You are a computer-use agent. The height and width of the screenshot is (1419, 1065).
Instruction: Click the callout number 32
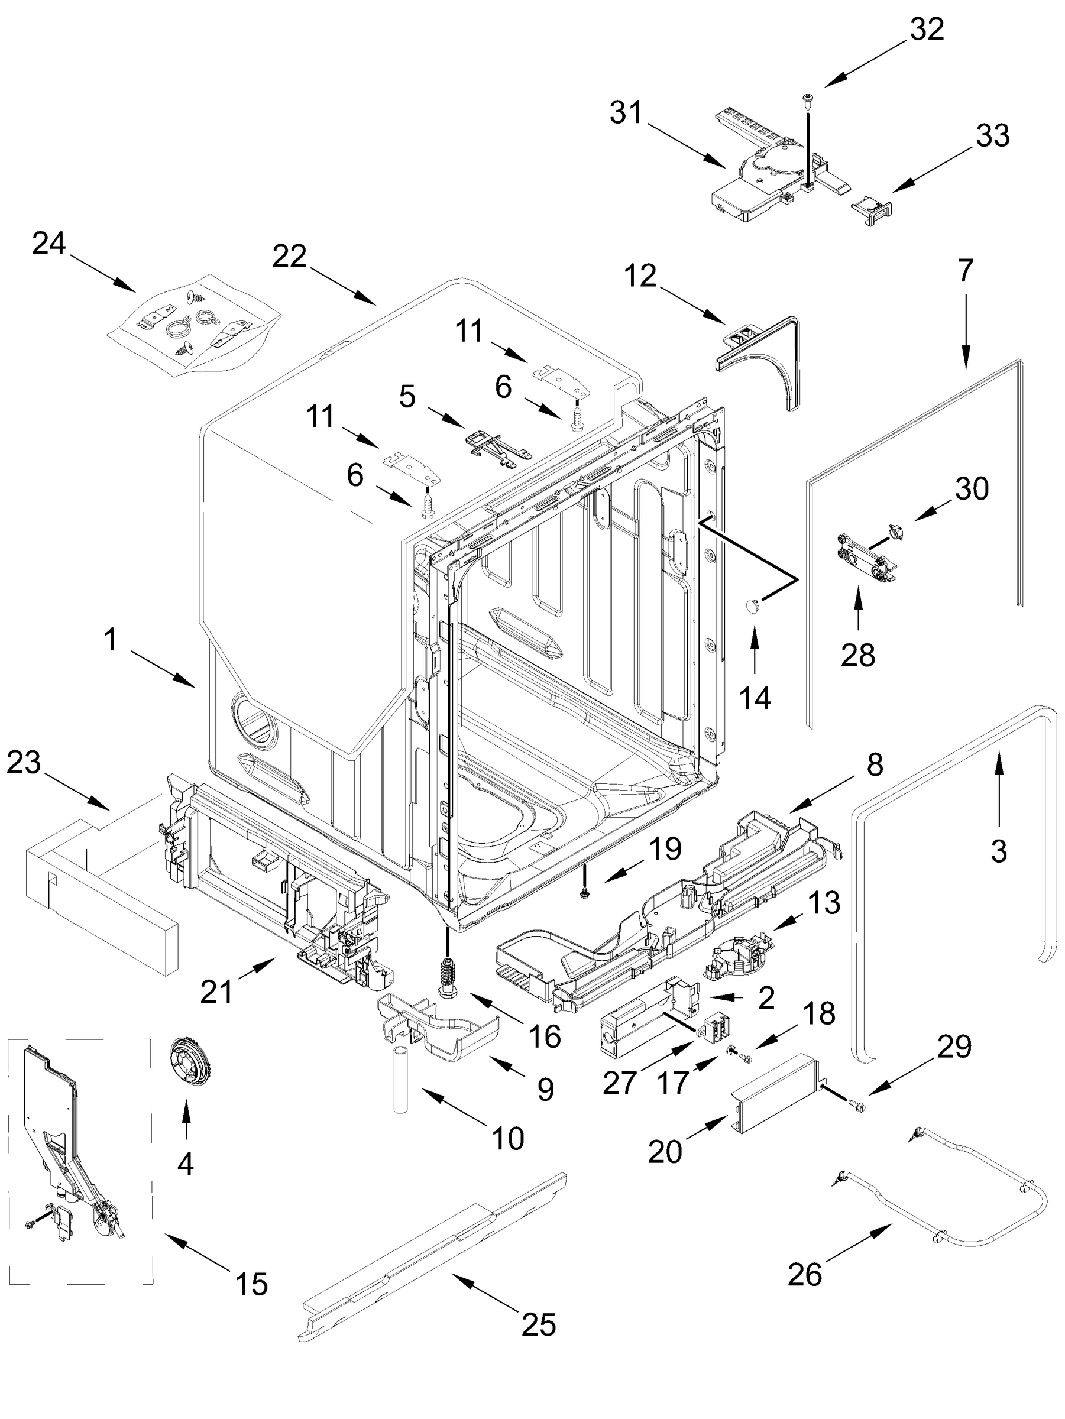click(927, 30)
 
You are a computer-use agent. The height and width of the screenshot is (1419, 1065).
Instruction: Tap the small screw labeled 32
click(807, 98)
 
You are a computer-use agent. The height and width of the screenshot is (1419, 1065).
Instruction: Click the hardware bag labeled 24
click(192, 323)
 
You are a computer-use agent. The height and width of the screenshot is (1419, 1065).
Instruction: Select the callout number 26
click(805, 1274)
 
